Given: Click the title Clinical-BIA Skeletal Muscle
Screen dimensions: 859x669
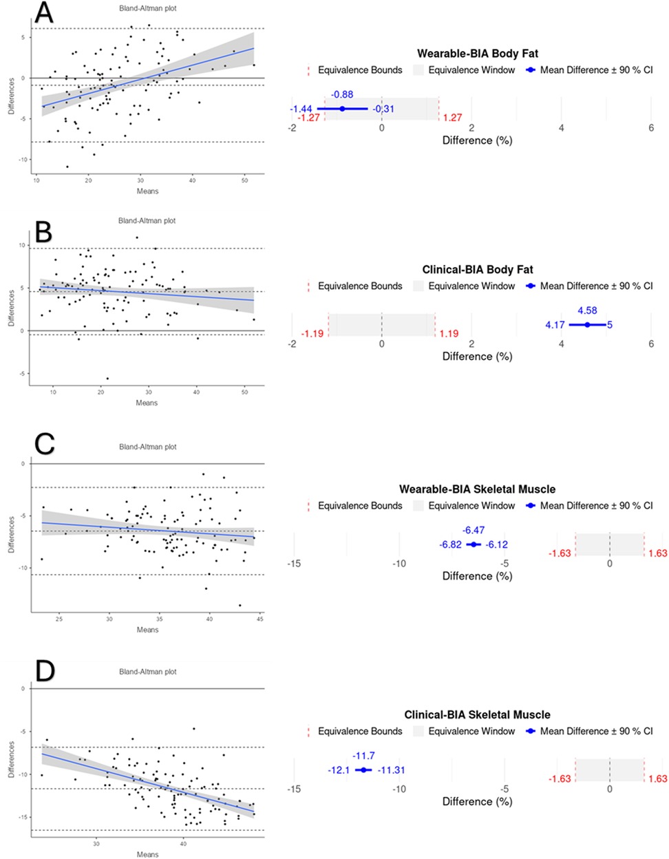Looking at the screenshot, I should pyautogui.click(x=477, y=714).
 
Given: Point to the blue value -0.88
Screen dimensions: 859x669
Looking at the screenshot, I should pyautogui.click(x=342, y=94).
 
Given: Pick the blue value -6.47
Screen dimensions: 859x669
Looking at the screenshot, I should pyautogui.click(x=474, y=530).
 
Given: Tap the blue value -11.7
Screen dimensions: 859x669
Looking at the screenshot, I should pyautogui.click(x=363, y=756).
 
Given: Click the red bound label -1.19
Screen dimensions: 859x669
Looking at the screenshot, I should pyautogui.click(x=312, y=334).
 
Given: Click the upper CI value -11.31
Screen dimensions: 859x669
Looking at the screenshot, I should pyautogui.click(x=391, y=770).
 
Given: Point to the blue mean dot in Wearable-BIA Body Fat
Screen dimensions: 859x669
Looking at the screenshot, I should pyautogui.click(x=342, y=109).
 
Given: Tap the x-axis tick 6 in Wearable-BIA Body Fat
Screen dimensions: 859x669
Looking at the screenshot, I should pyautogui.click(x=651, y=127).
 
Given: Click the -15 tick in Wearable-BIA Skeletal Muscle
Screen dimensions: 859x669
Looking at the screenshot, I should pyautogui.click(x=294, y=564).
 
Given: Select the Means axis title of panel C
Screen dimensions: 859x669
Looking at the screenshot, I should pyautogui.click(x=147, y=630).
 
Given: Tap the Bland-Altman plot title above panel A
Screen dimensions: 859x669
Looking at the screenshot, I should pyautogui.click(x=147, y=8).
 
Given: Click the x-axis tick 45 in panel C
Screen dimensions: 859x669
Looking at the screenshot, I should pyautogui.click(x=259, y=619).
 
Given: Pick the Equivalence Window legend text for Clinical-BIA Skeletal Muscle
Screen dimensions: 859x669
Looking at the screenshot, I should pyautogui.click(x=471, y=731).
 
